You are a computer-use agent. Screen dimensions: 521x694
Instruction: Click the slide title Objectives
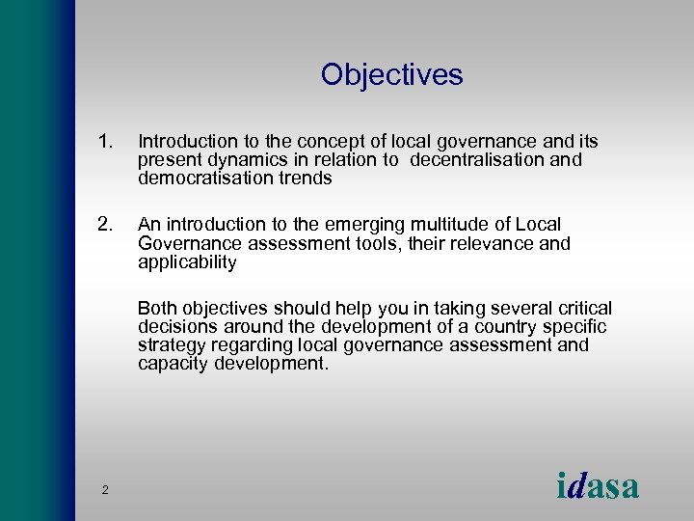(391, 74)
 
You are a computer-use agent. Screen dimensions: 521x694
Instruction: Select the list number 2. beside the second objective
(106, 225)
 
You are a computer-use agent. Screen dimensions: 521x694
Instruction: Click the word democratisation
(201, 178)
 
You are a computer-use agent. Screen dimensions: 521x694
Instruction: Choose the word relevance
(495, 243)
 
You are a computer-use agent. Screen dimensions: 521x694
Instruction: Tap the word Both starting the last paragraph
(157, 309)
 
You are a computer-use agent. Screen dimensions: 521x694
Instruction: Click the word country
(517, 326)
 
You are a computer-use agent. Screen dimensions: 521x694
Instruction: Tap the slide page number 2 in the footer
(105, 491)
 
